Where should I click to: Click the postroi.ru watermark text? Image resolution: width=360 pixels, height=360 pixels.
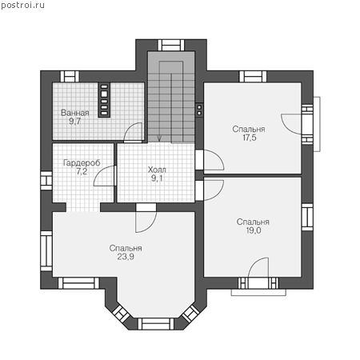22,6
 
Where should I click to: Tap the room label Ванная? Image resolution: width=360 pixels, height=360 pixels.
75,113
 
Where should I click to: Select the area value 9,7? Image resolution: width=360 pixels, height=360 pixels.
74,122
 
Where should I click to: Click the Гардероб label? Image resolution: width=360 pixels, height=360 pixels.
82,162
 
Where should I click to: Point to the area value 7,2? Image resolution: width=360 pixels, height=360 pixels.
82,171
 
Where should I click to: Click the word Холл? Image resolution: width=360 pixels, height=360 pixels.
157,170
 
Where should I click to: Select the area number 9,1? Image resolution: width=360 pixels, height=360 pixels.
157,178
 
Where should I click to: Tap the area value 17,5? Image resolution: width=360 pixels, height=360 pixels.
250,138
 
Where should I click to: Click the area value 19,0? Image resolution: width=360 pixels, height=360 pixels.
254,230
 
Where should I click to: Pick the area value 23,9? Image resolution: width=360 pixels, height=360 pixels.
126,257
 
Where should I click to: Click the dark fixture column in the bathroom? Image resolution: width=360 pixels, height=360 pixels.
104,100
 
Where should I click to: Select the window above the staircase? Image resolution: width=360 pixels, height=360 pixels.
171,45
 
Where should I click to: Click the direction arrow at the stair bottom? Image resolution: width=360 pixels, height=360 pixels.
159,138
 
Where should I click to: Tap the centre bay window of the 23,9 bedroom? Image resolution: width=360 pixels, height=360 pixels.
156,324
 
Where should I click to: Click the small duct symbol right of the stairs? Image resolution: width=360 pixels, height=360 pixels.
199,110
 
